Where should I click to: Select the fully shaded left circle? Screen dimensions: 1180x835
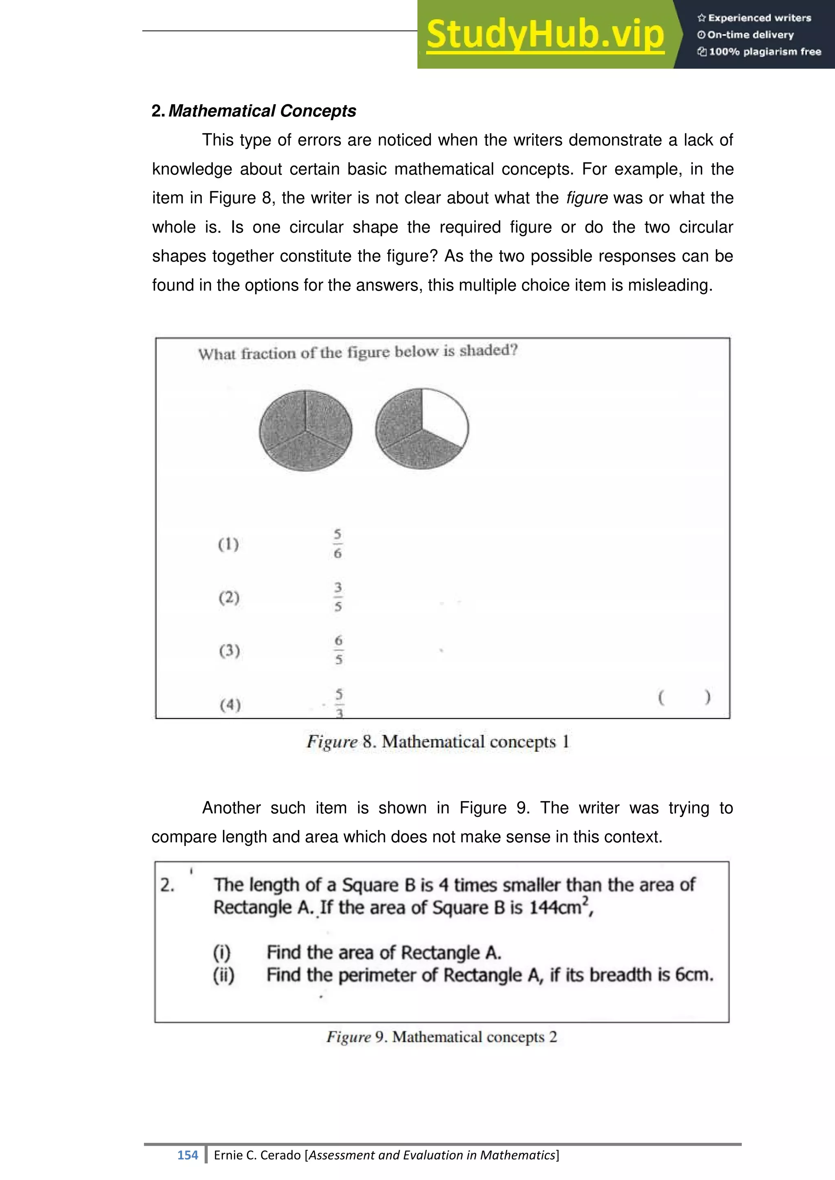coord(305,430)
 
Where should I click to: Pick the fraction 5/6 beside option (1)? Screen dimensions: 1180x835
coord(337,543)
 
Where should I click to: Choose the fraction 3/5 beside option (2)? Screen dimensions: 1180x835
coord(338,597)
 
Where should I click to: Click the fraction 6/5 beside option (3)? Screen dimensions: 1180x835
coord(338,650)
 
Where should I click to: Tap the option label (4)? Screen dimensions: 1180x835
coord(230,704)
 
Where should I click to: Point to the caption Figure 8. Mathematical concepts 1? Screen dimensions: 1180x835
coord(437,742)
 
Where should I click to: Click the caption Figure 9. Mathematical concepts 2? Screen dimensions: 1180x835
coord(441,1037)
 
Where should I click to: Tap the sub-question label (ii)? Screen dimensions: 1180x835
coord(224,975)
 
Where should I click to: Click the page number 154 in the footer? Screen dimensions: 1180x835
coord(188,1155)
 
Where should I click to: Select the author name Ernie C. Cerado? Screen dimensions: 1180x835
coord(257,1155)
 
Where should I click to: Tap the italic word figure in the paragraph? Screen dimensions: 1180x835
coord(587,198)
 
